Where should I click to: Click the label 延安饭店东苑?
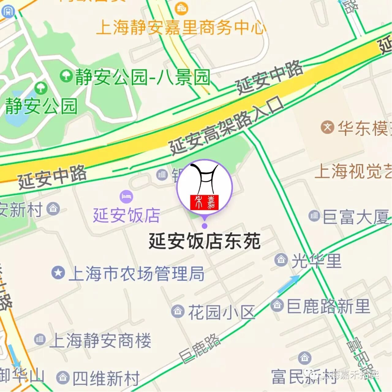[204, 241]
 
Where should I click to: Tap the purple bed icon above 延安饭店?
[126, 196]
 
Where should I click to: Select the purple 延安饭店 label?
[126, 215]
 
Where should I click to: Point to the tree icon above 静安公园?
[40, 88]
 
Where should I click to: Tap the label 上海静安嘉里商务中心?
[181, 28]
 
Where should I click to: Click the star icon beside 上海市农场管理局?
[58, 272]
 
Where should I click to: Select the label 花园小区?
[221, 313]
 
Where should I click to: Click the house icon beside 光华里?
[281, 260]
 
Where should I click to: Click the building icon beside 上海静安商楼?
[40, 339]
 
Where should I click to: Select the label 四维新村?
[106, 379]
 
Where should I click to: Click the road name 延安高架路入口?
[227, 126]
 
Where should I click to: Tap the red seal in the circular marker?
[204, 202]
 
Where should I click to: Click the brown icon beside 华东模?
[327, 127]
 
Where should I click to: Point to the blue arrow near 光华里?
[288, 284]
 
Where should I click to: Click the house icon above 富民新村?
[304, 358]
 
